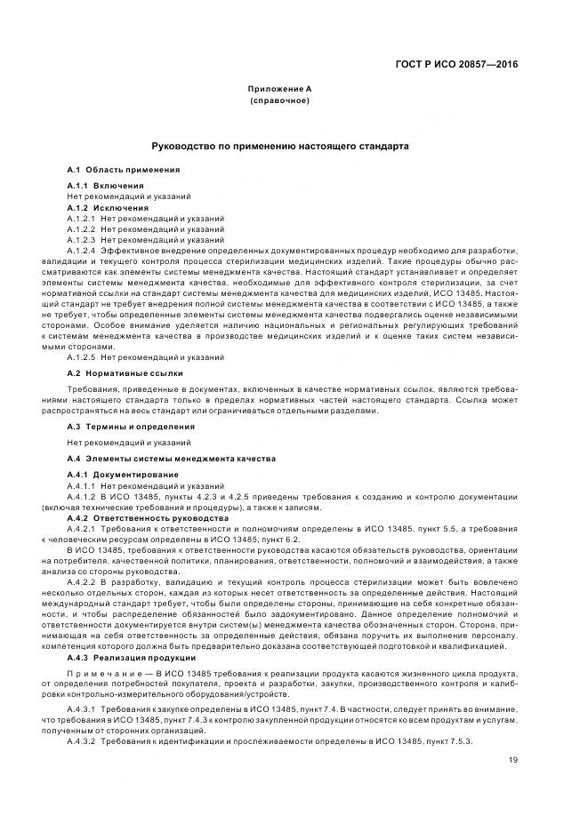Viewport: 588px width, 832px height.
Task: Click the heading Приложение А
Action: pyautogui.click(x=281, y=90)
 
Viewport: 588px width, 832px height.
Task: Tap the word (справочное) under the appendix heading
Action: pyautogui.click(x=281, y=102)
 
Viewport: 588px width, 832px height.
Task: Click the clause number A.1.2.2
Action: pyautogui.click(x=81, y=228)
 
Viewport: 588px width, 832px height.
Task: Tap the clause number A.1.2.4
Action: pyautogui.click(x=81, y=251)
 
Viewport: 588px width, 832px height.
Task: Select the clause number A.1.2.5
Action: pyautogui.click(x=81, y=356)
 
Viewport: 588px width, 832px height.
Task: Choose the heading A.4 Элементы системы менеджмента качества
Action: pyautogui.click(x=171, y=458)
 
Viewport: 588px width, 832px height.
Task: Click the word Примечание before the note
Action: pyautogui.click(x=100, y=673)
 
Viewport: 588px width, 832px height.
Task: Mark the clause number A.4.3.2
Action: pyautogui.click(x=81, y=741)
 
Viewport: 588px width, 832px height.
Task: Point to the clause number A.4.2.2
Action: pyautogui.click(x=81, y=581)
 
